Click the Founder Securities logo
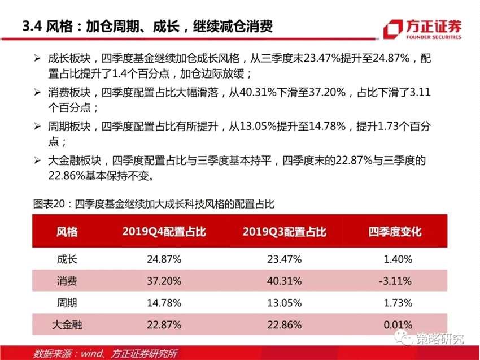tap(422, 29)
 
